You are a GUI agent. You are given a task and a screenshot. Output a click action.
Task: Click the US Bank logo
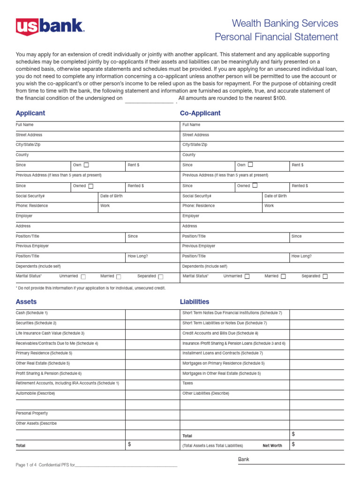tap(50, 27)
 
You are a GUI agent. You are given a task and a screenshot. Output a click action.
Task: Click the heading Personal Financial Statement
tap(276, 37)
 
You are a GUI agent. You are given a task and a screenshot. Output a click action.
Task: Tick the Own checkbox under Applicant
tap(86, 165)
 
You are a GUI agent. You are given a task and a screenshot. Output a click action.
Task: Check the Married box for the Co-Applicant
tap(283, 277)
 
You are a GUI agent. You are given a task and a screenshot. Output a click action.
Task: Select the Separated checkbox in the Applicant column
tap(161, 277)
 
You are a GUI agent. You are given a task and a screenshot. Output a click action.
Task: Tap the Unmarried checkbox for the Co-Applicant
tap(247, 277)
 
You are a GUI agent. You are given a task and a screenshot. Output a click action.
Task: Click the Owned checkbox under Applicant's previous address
tap(91, 186)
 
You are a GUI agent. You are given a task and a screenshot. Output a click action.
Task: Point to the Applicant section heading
tap(30, 113)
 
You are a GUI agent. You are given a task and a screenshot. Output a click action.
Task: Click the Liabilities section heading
tap(195, 302)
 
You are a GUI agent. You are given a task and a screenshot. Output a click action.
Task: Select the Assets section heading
tap(26, 302)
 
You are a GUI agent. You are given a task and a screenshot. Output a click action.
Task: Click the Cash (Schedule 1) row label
tap(32, 313)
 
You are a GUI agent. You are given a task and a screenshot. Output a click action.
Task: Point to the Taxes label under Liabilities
tap(187, 383)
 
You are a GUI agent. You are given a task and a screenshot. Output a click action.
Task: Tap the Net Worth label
tap(272, 446)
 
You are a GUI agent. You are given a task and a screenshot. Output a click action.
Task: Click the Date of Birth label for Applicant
tap(112, 196)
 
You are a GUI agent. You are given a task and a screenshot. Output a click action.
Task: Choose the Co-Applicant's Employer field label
tap(191, 216)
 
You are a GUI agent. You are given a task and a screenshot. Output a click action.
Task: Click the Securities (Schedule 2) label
tap(36, 323)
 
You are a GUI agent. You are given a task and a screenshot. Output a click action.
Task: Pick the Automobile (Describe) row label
tap(35, 393)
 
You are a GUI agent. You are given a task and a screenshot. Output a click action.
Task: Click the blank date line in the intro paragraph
tap(149, 99)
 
